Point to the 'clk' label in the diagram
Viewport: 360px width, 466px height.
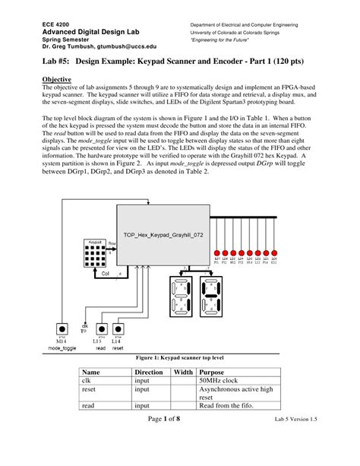pyautogui.click(x=85, y=325)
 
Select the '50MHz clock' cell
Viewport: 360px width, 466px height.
pyautogui.click(x=219, y=380)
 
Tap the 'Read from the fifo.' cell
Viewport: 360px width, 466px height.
pyautogui.click(x=226, y=406)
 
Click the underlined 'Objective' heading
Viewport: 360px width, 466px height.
pyautogui.click(x=57, y=79)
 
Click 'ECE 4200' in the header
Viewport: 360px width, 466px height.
pyautogui.click(x=57, y=25)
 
